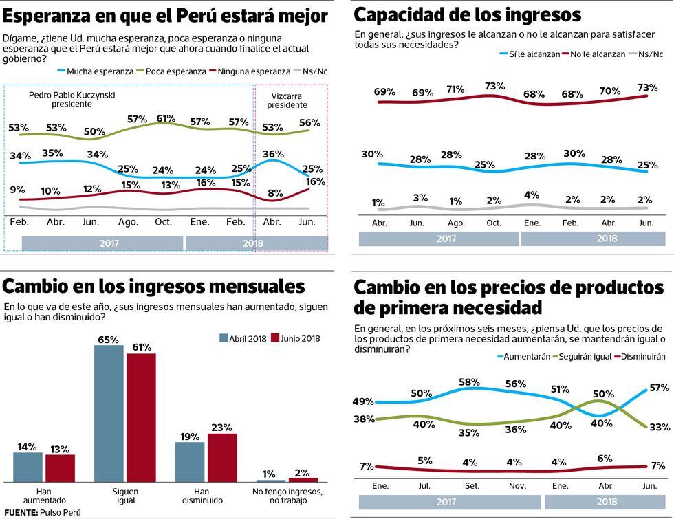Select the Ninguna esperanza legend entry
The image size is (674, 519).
(x=253, y=71)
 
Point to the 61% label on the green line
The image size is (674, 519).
(x=166, y=118)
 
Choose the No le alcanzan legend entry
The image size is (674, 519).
(x=595, y=54)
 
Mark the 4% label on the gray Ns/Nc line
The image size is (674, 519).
(x=532, y=195)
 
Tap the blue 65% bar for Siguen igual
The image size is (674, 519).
(x=109, y=412)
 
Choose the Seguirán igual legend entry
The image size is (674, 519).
(x=582, y=357)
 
